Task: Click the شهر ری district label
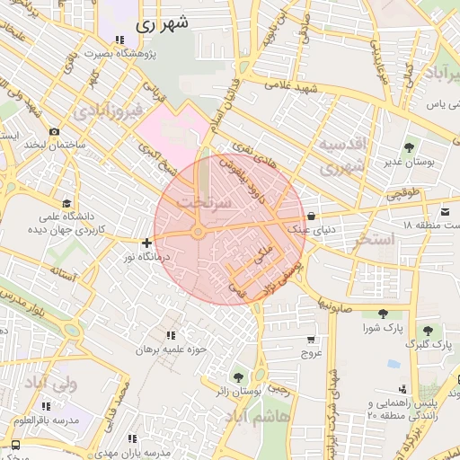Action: [164, 25]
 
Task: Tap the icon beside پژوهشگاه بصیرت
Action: [119, 39]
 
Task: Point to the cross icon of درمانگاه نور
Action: [146, 242]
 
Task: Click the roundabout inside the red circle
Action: [197, 234]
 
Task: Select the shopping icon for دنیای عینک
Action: [311, 216]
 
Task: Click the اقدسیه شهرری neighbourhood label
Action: [343, 155]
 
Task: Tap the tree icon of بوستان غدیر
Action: [410, 146]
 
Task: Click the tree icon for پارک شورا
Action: [385, 314]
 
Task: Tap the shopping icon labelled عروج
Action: [311, 340]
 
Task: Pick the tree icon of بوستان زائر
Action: [238, 377]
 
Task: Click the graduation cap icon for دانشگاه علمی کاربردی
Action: [66, 202]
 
